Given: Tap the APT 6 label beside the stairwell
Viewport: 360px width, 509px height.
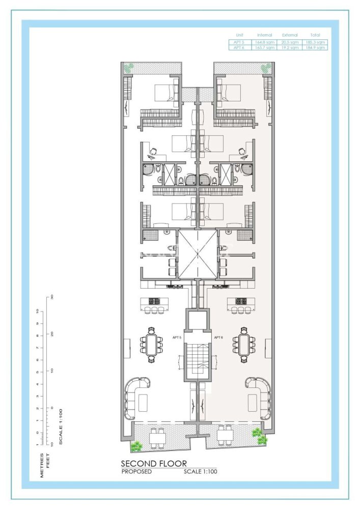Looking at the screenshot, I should click(219, 337).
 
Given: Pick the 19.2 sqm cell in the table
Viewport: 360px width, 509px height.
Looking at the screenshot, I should click(290, 47).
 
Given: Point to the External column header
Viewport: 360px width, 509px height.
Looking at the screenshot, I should click(290, 35).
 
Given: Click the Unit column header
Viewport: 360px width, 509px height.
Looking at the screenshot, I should click(240, 35).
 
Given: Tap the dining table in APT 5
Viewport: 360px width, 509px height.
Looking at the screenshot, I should click(151, 346).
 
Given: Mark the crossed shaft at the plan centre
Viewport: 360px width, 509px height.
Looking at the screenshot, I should click(198, 254).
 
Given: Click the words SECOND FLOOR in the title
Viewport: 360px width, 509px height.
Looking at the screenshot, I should click(153, 464).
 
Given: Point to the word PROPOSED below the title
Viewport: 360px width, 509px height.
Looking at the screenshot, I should click(136, 472).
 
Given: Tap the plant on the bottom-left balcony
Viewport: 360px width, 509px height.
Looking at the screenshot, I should click(136, 446).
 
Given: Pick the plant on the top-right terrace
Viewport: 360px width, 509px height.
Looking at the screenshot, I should click(266, 67).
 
